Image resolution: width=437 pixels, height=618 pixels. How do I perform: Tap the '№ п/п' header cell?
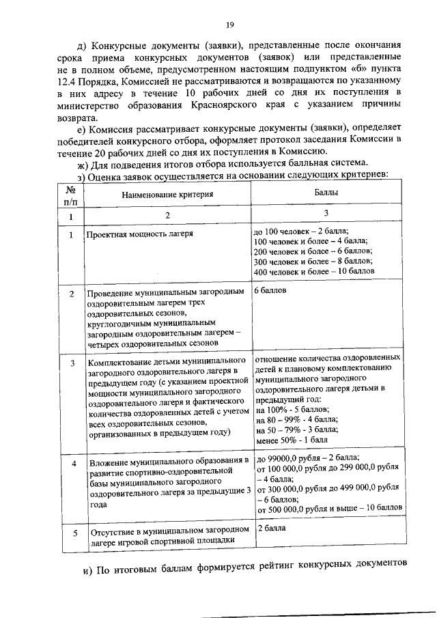(x=70, y=195)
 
